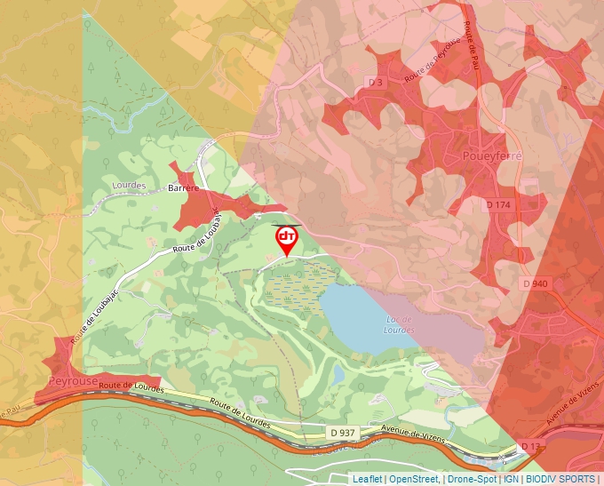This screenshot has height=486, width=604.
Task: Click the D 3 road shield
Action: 375,83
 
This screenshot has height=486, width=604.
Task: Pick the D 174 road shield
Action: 499,204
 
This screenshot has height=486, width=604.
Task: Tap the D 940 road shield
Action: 536,283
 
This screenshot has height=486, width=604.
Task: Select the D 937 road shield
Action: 342,433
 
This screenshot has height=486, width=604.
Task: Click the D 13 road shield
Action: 530,445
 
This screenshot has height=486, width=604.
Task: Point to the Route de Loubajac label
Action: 196,240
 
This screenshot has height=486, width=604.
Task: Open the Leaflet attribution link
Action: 367,479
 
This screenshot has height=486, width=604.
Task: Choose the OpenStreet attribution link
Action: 414,479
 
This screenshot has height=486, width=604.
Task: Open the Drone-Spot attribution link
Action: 472,479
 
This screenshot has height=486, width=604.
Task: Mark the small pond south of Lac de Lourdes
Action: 338,375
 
